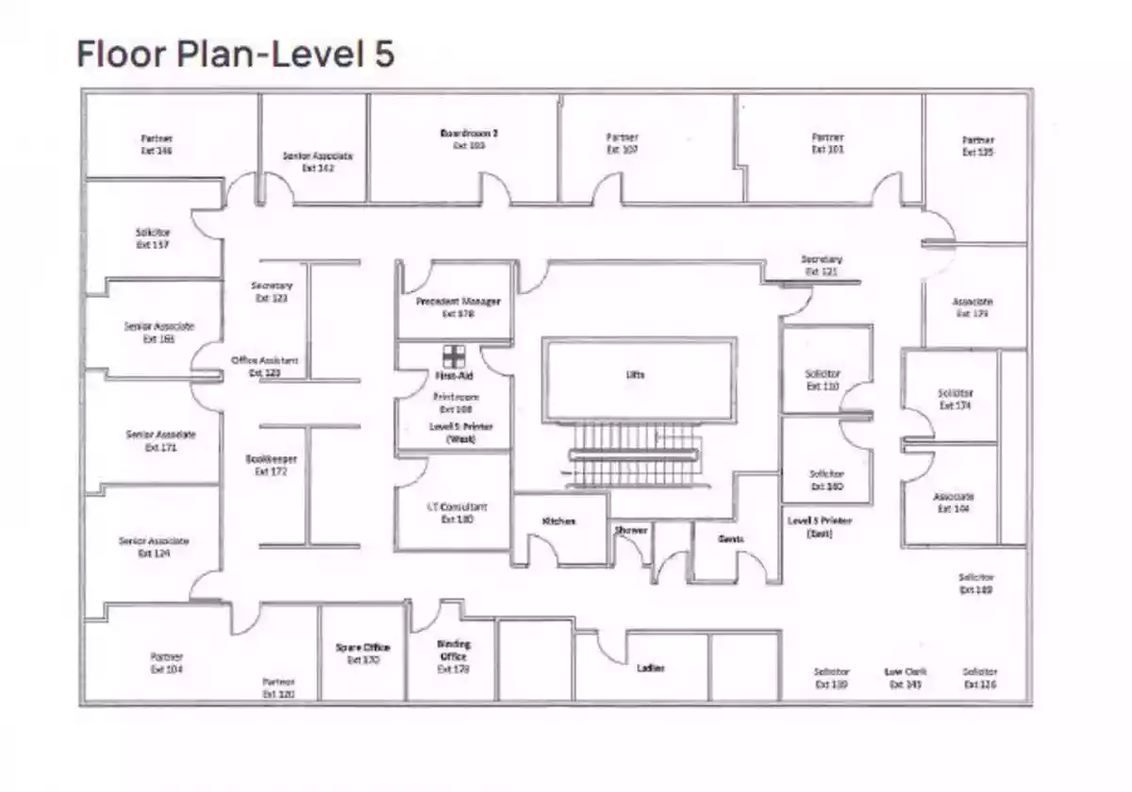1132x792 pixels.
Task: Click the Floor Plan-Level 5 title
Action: click(x=235, y=54)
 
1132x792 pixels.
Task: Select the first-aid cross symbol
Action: click(x=455, y=355)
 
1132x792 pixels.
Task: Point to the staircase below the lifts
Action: click(x=635, y=455)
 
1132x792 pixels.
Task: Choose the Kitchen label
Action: click(x=558, y=521)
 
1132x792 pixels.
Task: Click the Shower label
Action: click(x=631, y=531)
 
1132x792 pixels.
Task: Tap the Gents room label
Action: click(x=731, y=539)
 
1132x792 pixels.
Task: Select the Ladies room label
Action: click(x=651, y=668)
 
